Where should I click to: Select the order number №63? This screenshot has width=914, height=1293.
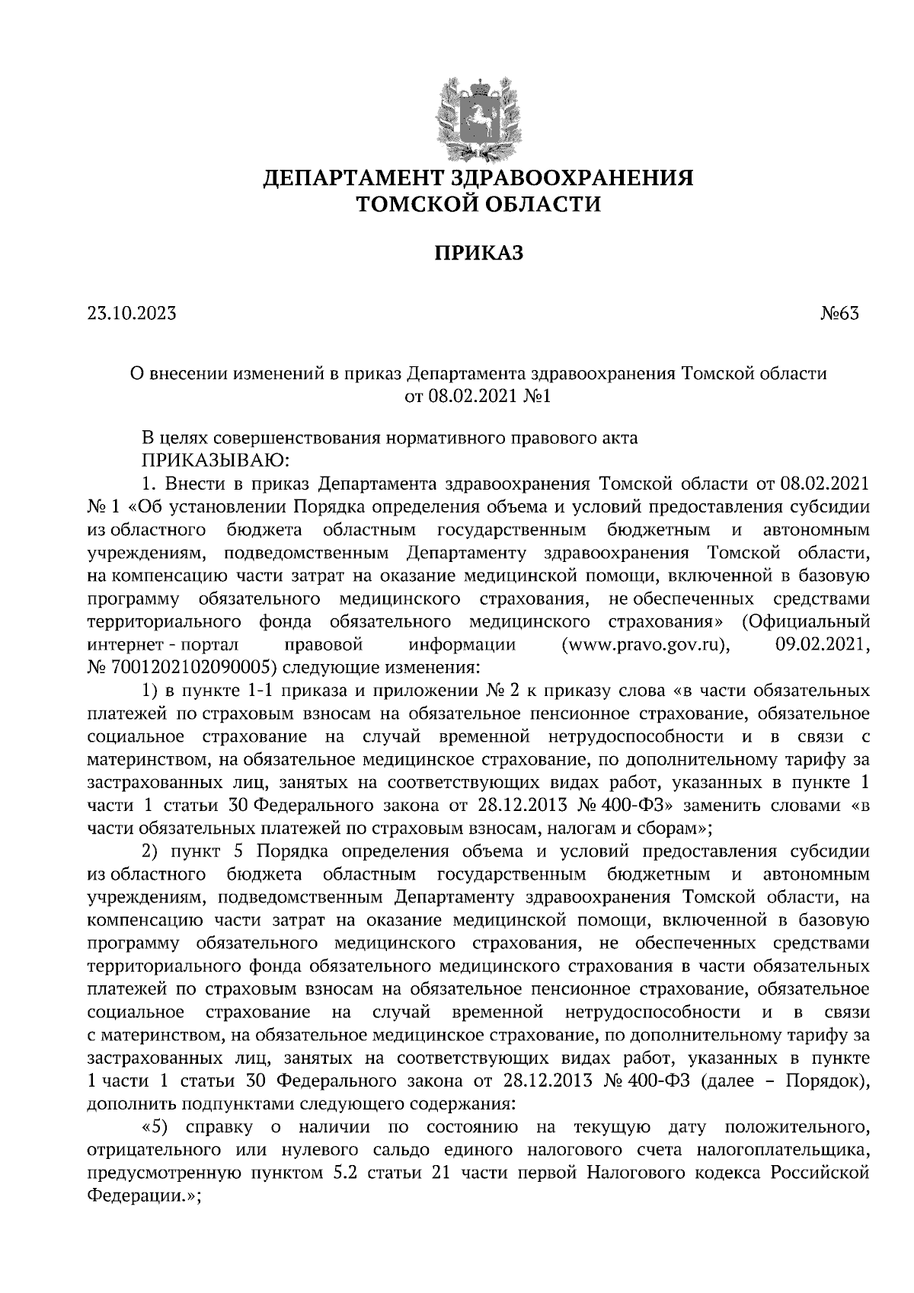(839, 313)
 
